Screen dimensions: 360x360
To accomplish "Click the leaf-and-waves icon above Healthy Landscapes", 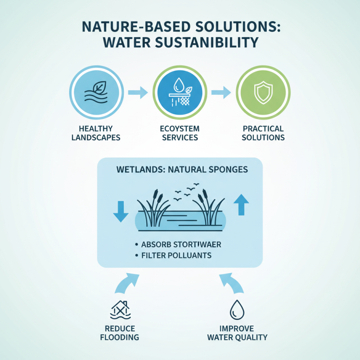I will click(96, 93).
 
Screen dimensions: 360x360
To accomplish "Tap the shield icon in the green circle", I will click(263, 93).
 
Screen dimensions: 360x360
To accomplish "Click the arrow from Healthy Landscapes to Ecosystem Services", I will click(137, 93).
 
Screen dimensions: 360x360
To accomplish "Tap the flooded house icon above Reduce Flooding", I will click(120, 310).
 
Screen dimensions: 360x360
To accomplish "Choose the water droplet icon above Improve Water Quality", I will click(236, 310).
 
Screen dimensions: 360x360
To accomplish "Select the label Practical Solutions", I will click(263, 133).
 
